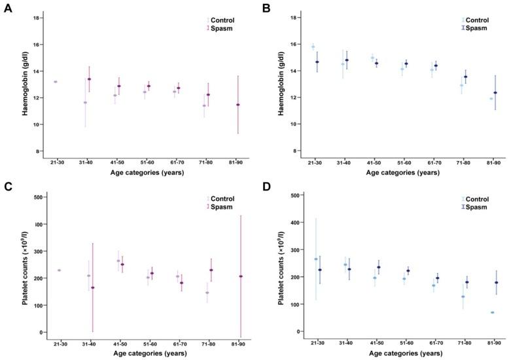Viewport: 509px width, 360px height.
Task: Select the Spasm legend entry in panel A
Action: [x=222, y=29]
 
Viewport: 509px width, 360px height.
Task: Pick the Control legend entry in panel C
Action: [x=222, y=198]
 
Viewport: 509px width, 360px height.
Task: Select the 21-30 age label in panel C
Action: [x=58, y=343]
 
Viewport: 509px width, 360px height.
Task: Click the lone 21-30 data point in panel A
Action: [x=56, y=82]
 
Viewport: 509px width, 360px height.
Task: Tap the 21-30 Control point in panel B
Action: [x=313, y=47]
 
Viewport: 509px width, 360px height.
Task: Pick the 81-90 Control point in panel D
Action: [x=491, y=312]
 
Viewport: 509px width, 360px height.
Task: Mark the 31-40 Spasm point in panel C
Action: [x=92, y=287]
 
